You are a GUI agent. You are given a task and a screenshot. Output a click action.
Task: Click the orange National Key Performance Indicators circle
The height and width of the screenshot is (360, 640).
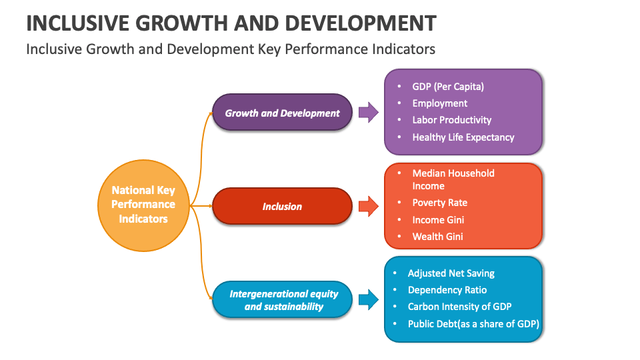click(143, 205)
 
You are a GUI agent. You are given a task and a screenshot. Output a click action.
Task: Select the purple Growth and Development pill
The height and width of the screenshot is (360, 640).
click(282, 113)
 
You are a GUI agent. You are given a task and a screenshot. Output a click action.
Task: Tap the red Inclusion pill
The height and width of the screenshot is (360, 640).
click(282, 206)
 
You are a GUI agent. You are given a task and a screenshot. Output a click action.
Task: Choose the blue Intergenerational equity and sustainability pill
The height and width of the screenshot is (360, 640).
click(283, 299)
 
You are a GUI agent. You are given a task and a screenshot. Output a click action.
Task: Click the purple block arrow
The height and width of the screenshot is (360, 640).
click(368, 113)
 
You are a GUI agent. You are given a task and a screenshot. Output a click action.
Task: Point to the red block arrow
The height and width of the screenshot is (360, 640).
click(368, 206)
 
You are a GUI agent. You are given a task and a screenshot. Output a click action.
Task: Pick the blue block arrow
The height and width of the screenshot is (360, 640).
click(368, 299)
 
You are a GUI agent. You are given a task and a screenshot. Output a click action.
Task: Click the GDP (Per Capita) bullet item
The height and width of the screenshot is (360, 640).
click(448, 87)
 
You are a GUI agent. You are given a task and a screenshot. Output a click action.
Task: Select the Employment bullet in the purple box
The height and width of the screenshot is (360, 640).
click(439, 103)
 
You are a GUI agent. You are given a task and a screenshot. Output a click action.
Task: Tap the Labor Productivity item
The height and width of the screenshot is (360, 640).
click(451, 120)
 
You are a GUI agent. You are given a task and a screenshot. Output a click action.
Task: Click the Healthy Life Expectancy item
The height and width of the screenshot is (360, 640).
click(463, 137)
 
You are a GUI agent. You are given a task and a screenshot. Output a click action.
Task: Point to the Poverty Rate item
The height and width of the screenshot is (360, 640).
click(439, 203)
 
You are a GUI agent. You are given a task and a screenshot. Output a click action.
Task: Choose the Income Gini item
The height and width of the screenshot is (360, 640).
click(438, 220)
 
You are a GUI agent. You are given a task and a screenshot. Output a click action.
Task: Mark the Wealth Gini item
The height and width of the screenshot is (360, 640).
click(437, 237)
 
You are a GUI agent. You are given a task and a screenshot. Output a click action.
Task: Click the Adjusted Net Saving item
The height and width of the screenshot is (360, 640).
click(451, 273)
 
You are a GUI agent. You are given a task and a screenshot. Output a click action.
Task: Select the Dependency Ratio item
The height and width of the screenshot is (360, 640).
click(447, 290)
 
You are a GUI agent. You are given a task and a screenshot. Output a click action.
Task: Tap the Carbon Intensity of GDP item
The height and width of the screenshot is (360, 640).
click(460, 307)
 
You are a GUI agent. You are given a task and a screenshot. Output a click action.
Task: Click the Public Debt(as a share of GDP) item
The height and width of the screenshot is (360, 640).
click(473, 324)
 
